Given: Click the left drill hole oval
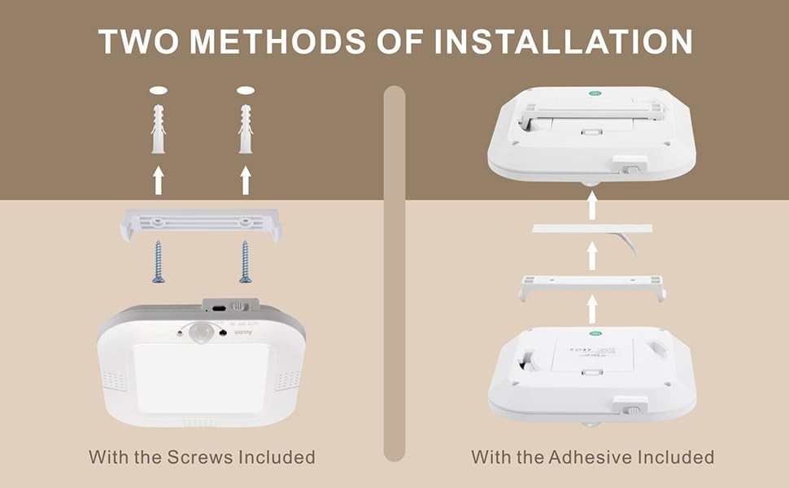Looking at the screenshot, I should click(x=159, y=90).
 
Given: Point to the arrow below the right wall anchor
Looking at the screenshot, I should click(x=245, y=181).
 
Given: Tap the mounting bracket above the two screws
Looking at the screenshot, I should click(x=201, y=222).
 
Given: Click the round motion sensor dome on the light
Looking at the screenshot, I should click(x=198, y=332).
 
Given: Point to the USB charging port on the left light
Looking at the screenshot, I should click(x=216, y=308).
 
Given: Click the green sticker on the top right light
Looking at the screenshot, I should click(x=595, y=94).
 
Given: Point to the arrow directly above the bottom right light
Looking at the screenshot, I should click(x=592, y=309).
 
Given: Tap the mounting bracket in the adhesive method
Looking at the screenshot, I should click(x=592, y=284).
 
